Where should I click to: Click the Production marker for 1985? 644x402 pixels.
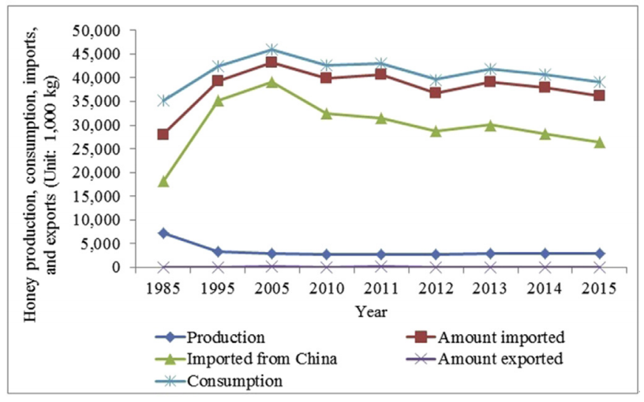point(163,233)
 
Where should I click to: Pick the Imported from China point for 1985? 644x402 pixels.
point(163,181)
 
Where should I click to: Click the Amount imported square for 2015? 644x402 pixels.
point(599,96)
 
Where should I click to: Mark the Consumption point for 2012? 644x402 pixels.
point(436,80)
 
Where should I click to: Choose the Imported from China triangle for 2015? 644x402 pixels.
point(599,142)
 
